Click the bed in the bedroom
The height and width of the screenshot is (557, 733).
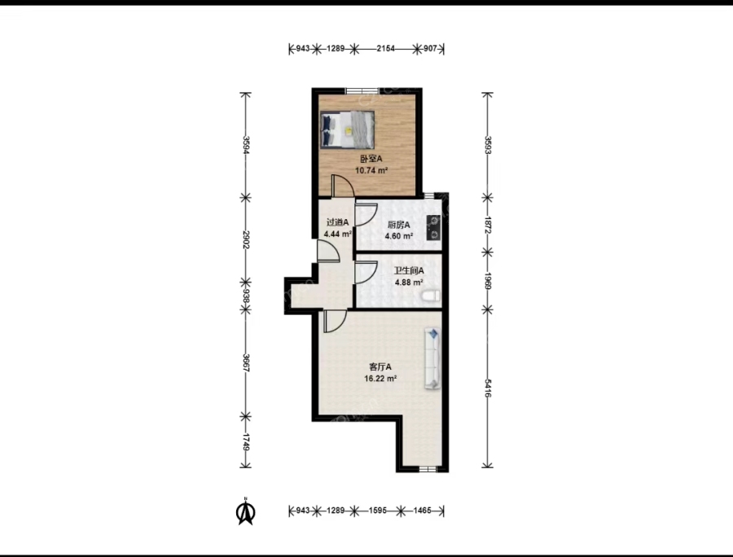click(347, 129)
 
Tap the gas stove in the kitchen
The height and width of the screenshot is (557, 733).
click(434, 227)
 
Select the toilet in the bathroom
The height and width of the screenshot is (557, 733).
click(431, 296)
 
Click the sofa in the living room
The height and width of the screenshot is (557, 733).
click(433, 359)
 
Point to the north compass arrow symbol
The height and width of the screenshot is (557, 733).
click(245, 512)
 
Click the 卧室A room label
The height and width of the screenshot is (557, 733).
click(371, 159)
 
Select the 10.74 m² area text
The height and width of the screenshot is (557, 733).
click(371, 170)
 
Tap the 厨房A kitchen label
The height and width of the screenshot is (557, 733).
click(399, 225)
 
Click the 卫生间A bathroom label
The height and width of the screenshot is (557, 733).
click(409, 270)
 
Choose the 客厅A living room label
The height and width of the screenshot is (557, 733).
click(380, 366)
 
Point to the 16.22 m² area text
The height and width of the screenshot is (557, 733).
click(380, 379)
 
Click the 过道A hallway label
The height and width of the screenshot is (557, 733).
click(337, 222)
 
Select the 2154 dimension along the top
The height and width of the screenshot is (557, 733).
click(386, 48)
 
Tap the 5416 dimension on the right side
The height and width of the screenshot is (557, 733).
click(488, 388)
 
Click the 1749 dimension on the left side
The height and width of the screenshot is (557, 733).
click(246, 442)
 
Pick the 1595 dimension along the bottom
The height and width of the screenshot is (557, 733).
click(377, 511)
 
